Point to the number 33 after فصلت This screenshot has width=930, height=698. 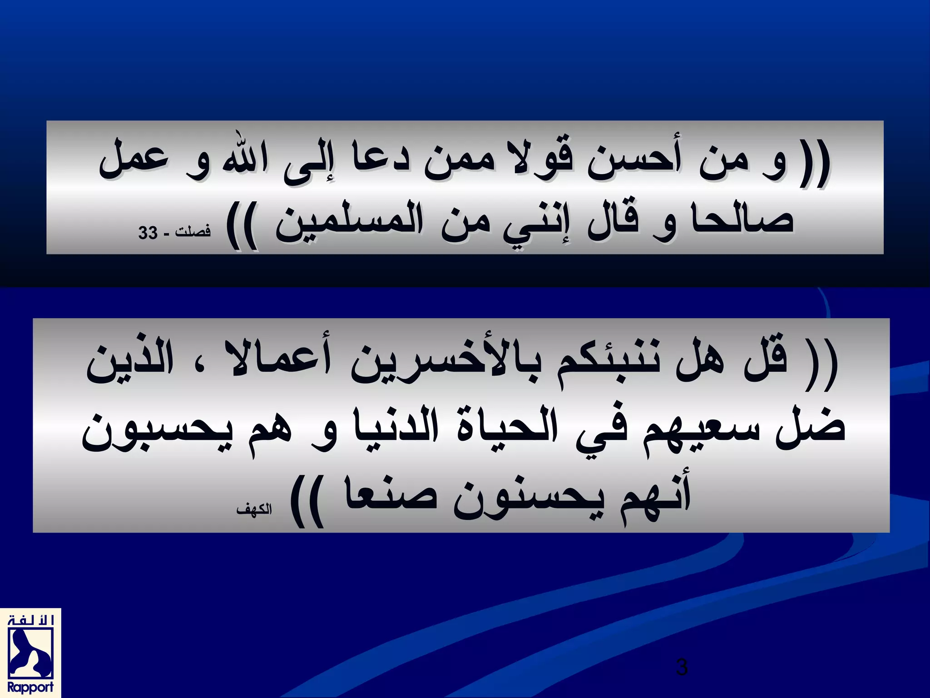148,234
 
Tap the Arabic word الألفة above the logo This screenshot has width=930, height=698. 30,620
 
